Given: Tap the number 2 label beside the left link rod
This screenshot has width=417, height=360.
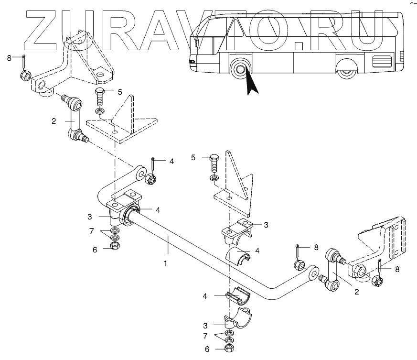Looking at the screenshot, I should tap(54, 121).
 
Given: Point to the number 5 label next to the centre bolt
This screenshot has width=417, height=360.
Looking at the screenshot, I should tap(193, 157).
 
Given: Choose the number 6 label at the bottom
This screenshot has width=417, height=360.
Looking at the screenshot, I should tap(207, 349).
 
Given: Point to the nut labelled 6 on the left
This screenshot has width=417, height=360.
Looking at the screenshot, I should tap(115, 246).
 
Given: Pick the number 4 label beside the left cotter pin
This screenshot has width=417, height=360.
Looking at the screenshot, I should tap(171, 162).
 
